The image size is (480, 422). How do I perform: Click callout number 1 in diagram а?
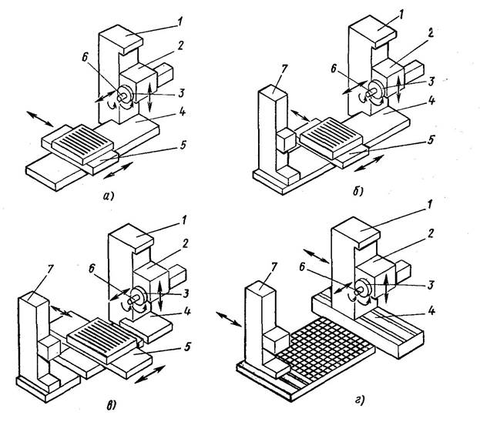click(x=180, y=22)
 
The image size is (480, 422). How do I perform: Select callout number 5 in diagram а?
click(x=183, y=145)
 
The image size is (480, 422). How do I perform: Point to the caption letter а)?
click(x=108, y=196)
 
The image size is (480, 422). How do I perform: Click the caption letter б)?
click(x=357, y=191)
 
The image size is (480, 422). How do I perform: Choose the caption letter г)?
click(x=360, y=400)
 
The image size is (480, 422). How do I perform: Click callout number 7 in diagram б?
click(x=284, y=69)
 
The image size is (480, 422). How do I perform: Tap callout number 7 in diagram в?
click(x=51, y=270)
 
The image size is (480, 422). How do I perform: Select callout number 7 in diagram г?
click(x=274, y=268)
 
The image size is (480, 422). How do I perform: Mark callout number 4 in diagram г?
click(x=432, y=310)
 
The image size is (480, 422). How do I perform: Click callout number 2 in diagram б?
click(x=431, y=33)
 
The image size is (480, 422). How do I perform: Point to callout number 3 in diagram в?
click(x=186, y=293)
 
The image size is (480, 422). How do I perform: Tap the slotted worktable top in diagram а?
click(x=82, y=141)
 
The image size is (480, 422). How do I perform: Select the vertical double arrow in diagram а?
click(x=149, y=97)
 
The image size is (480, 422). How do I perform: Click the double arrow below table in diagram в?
click(x=150, y=374)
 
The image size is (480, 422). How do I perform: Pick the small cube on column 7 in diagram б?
click(x=286, y=140)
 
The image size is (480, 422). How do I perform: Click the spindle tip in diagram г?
click(x=356, y=292)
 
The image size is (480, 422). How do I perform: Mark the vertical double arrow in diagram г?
click(x=386, y=288)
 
